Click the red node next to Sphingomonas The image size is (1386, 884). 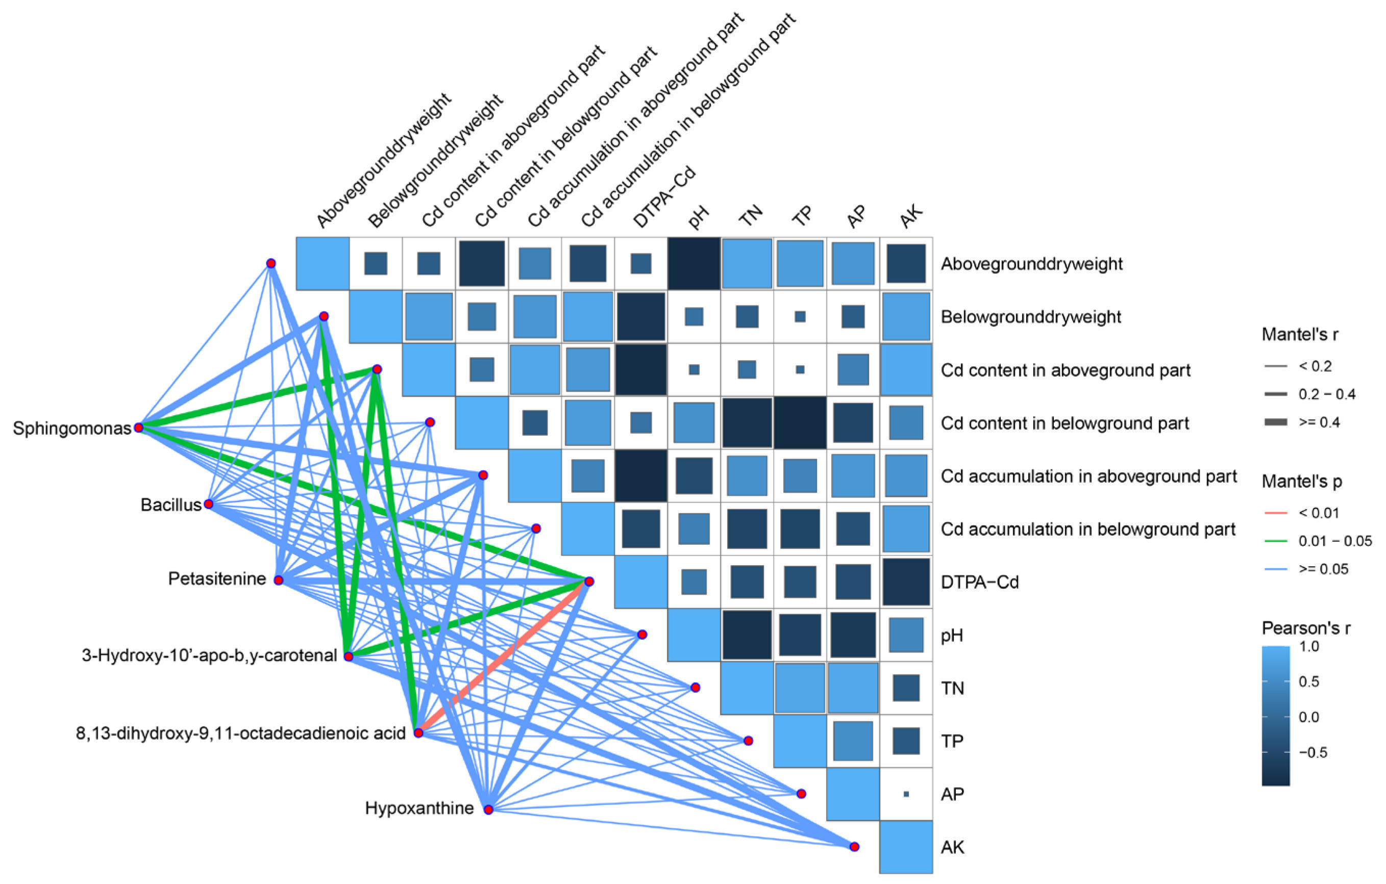[x=139, y=427]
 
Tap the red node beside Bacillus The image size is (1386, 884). [x=209, y=504]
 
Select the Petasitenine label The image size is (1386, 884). [x=217, y=578]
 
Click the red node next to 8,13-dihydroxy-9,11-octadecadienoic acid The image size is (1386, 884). [x=418, y=733]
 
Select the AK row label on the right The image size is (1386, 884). [x=953, y=847]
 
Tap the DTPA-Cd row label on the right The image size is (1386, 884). [x=980, y=582]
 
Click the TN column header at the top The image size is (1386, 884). [x=751, y=215]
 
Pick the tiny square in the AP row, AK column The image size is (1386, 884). [x=906, y=794]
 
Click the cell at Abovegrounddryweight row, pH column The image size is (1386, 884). [x=694, y=264]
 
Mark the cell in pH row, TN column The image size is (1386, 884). [x=747, y=635]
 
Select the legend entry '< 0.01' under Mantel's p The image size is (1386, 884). [x=1319, y=513]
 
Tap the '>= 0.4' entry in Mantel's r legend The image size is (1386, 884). [x=1318, y=422]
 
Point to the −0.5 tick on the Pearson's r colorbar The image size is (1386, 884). [x=1313, y=752]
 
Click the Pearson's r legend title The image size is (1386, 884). [x=1305, y=628]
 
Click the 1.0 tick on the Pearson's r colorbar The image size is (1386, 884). [x=1309, y=646]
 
